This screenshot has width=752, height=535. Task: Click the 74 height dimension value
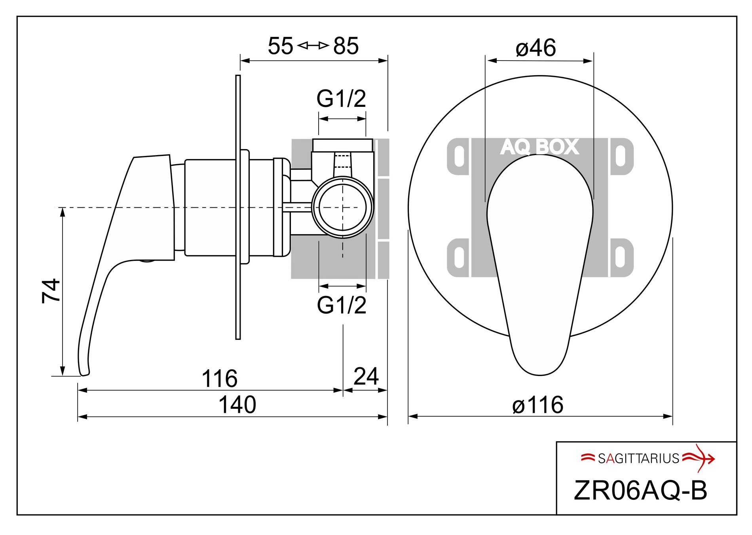[x=51, y=290]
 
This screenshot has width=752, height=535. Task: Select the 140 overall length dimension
[x=237, y=405]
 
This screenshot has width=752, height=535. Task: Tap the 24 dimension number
[x=366, y=376]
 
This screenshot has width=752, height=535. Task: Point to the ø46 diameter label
[x=536, y=48]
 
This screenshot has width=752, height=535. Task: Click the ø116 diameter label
[x=538, y=405]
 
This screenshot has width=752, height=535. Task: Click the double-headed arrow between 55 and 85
[x=313, y=46]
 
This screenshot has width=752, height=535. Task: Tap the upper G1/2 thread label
[x=341, y=99]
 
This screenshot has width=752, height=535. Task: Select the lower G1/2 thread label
[x=342, y=305]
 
